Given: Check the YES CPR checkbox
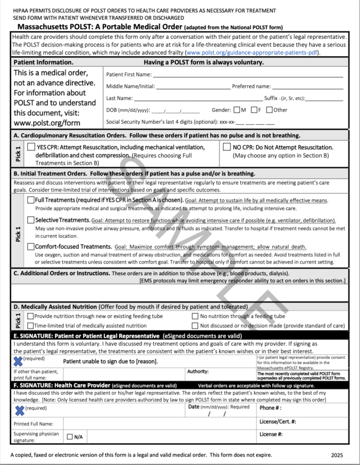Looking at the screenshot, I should (x=31, y=147).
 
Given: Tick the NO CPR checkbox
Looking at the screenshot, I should (x=227, y=147).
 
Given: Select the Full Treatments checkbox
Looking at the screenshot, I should (x=31, y=200).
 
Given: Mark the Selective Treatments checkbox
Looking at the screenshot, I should (x=31, y=221).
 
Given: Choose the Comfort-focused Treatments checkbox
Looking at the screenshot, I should (x=31, y=246).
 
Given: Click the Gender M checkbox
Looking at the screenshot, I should (x=237, y=110).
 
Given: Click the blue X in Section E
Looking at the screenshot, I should (x=19, y=361).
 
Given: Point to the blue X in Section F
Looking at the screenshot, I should (x=19, y=410).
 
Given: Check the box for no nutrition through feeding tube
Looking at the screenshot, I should (x=196, y=316).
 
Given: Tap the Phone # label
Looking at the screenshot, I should (x=268, y=408).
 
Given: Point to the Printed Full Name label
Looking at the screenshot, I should (x=37, y=423).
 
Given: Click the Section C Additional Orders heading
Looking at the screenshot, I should (x=61, y=273).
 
